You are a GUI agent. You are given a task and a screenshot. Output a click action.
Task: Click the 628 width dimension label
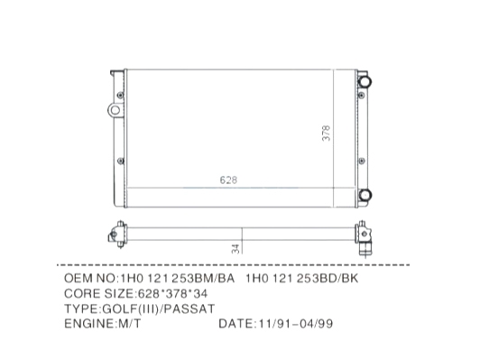coord(228,180)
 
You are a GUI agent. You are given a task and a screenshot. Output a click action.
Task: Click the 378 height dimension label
coord(327,134)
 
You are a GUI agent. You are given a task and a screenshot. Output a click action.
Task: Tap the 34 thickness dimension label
coord(235,249)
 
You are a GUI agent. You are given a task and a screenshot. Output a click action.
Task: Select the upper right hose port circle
coord(365,82)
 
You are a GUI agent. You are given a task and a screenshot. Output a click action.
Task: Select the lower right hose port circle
coord(365,195)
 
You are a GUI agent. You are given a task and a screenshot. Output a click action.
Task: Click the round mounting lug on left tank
coord(115,110)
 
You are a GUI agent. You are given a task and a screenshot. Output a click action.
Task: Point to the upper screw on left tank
coord(120,96)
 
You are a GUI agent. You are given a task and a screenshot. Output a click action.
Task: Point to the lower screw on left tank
coord(121,161)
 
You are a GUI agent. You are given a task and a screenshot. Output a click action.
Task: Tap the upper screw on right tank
coord(362,96)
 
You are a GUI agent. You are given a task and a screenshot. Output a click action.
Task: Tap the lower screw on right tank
coord(362,161)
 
